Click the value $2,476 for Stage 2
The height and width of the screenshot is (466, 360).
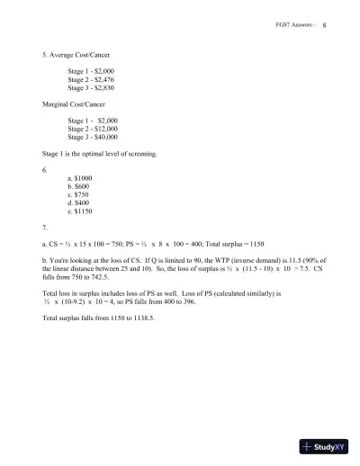pos(107,80)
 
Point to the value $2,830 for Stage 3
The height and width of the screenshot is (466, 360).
pos(107,90)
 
